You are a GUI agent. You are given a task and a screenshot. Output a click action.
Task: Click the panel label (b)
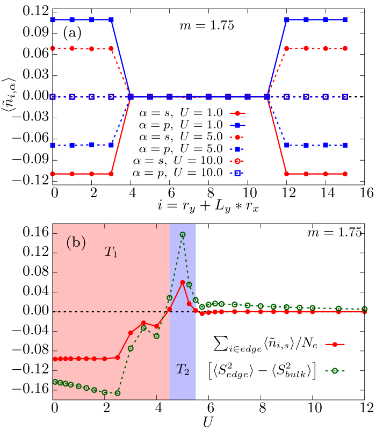[x=76, y=243]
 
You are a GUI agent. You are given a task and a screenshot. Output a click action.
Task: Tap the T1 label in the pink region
[x=111, y=252]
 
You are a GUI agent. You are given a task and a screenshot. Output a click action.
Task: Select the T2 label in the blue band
[x=183, y=369]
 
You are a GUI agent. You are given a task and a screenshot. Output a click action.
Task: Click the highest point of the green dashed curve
[x=183, y=234]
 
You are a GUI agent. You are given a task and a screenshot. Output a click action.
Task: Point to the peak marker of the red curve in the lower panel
[x=183, y=282]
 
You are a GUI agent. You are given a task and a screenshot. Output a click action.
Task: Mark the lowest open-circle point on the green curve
[x=118, y=393]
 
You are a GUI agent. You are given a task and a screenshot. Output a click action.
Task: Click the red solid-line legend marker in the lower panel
[x=335, y=344]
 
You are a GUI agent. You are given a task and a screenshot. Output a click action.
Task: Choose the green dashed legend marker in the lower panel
[x=335, y=370]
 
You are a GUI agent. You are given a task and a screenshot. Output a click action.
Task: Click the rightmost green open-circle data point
[x=365, y=309]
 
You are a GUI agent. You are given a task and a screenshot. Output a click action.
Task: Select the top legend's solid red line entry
[x=237, y=113]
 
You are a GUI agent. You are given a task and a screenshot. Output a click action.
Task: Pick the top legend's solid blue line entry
[x=237, y=125]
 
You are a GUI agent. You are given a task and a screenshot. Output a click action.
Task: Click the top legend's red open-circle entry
[x=237, y=161]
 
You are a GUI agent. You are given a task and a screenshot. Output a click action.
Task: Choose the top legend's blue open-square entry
[x=237, y=173]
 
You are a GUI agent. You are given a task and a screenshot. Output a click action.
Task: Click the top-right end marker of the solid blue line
[x=345, y=19]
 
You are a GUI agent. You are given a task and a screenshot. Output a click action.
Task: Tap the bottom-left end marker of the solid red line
[x=53, y=174]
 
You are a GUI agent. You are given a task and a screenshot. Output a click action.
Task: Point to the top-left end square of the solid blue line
[x=53, y=19]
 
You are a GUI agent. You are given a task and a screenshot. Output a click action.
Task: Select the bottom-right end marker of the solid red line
[x=345, y=174]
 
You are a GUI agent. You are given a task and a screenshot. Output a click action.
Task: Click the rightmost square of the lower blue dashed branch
[x=345, y=145]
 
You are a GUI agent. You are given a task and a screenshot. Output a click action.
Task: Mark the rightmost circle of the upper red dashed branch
[x=345, y=48]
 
